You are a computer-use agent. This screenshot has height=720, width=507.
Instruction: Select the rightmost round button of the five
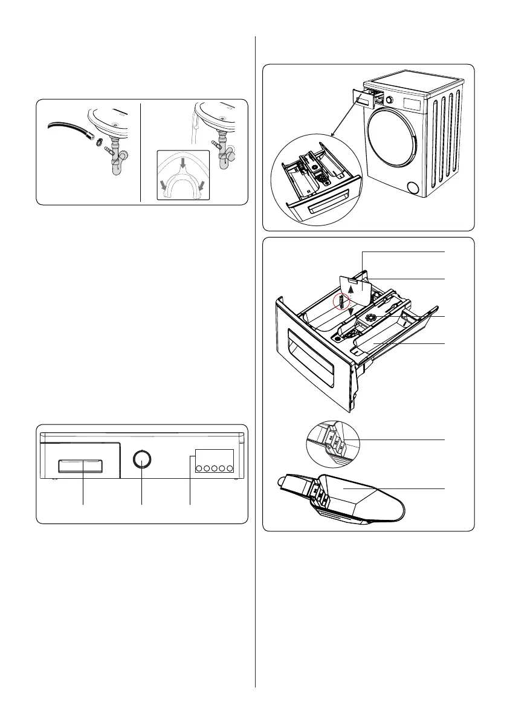pos(230,467)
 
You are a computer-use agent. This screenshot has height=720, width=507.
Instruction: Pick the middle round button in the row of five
pos(215,467)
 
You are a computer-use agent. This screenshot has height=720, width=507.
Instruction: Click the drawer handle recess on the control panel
pos(80,466)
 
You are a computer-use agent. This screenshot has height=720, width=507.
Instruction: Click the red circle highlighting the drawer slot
pos(341,300)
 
